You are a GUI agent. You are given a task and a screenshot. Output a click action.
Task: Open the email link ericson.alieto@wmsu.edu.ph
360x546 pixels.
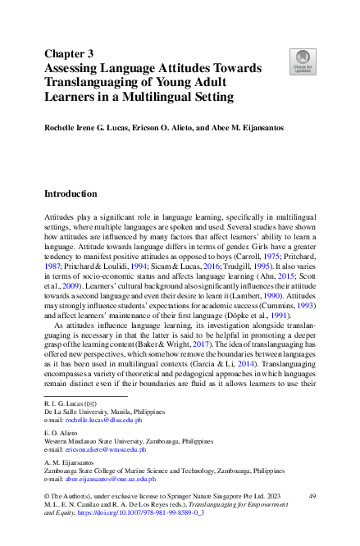pyautogui.click(x=108, y=449)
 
